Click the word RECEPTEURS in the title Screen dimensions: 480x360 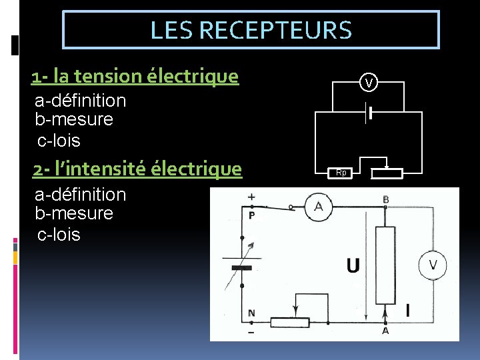[275, 30]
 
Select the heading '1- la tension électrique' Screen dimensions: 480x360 [135, 77]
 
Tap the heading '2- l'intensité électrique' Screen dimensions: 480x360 [137, 169]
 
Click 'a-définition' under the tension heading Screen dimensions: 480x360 [80, 101]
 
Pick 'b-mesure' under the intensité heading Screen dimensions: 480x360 [73, 214]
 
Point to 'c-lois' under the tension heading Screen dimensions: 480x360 [59, 141]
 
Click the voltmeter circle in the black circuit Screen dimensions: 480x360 [369, 83]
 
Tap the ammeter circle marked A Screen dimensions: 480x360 [318, 207]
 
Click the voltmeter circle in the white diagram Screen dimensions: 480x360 [433, 265]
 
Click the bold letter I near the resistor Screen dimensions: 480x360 [408, 311]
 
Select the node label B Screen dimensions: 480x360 [386, 199]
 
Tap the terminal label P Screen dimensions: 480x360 [251, 215]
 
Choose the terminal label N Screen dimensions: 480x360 [251, 313]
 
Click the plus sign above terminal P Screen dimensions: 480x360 [251, 197]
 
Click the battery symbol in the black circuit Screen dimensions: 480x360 [368, 113]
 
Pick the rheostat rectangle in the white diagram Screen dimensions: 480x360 [290, 323]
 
